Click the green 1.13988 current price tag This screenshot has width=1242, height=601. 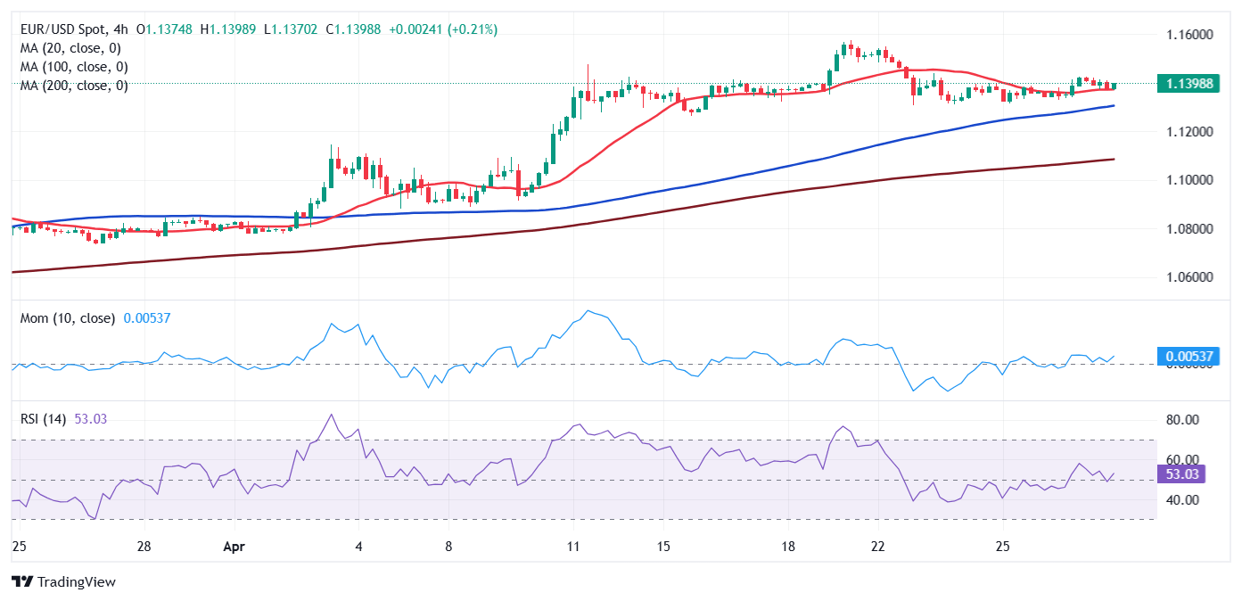pyautogui.click(x=1189, y=84)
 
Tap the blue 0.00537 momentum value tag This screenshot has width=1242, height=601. pyautogui.click(x=1189, y=357)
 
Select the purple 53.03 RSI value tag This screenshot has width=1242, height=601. pyautogui.click(x=1182, y=473)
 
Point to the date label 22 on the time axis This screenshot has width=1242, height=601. pyautogui.click(x=877, y=545)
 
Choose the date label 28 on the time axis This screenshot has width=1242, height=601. pyautogui.click(x=144, y=545)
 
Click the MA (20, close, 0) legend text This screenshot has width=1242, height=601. pyautogui.click(x=70, y=48)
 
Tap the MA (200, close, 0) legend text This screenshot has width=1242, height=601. pyautogui.click(x=74, y=86)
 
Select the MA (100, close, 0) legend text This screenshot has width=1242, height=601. pyautogui.click(x=74, y=67)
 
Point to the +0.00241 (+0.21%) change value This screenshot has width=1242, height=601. pyautogui.click(x=443, y=29)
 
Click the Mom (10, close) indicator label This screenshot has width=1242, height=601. pyautogui.click(x=68, y=318)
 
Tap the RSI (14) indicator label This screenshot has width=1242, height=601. pyautogui.click(x=44, y=419)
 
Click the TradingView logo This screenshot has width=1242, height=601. pyautogui.click(x=64, y=582)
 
